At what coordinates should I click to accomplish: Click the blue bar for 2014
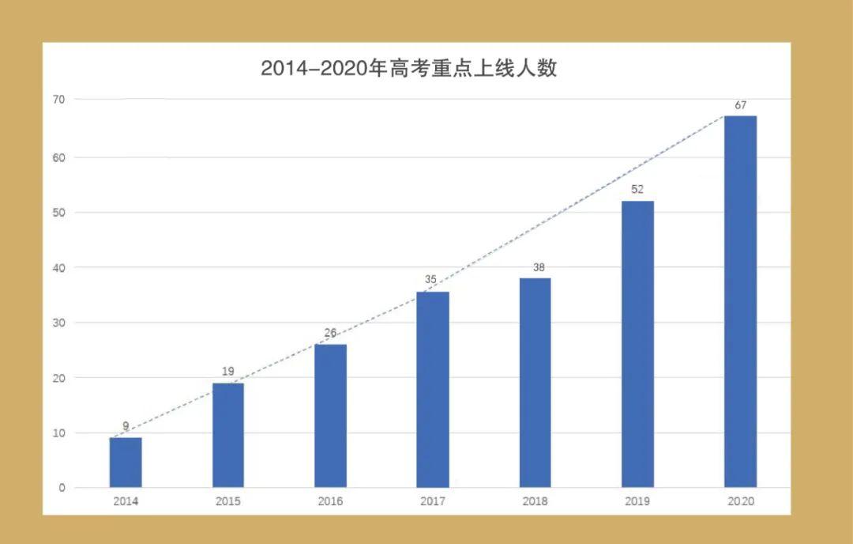coord(126,463)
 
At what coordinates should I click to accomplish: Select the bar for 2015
coord(228,435)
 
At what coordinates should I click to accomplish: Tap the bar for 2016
coord(330,416)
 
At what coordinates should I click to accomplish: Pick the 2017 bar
coord(433,390)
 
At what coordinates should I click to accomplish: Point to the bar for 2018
coord(535,383)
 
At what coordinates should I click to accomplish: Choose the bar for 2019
coord(637,344)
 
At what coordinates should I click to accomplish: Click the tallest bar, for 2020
coord(740,301)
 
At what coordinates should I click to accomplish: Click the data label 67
coord(740,105)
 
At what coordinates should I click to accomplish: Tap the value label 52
coord(637,190)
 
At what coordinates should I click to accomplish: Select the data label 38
coord(539,267)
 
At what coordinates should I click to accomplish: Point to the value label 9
coord(126,426)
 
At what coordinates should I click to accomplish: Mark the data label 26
coord(330,333)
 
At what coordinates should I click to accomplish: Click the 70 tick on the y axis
coord(59,99)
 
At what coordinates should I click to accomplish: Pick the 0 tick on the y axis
coord(62,488)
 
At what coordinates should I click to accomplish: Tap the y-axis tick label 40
coord(59,267)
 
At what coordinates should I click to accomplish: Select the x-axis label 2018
coord(535,501)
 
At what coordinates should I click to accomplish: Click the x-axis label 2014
coord(126,501)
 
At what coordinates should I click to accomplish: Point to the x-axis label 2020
coord(740,501)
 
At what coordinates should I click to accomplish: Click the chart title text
coord(409,68)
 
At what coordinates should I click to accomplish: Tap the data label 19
coord(228,371)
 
